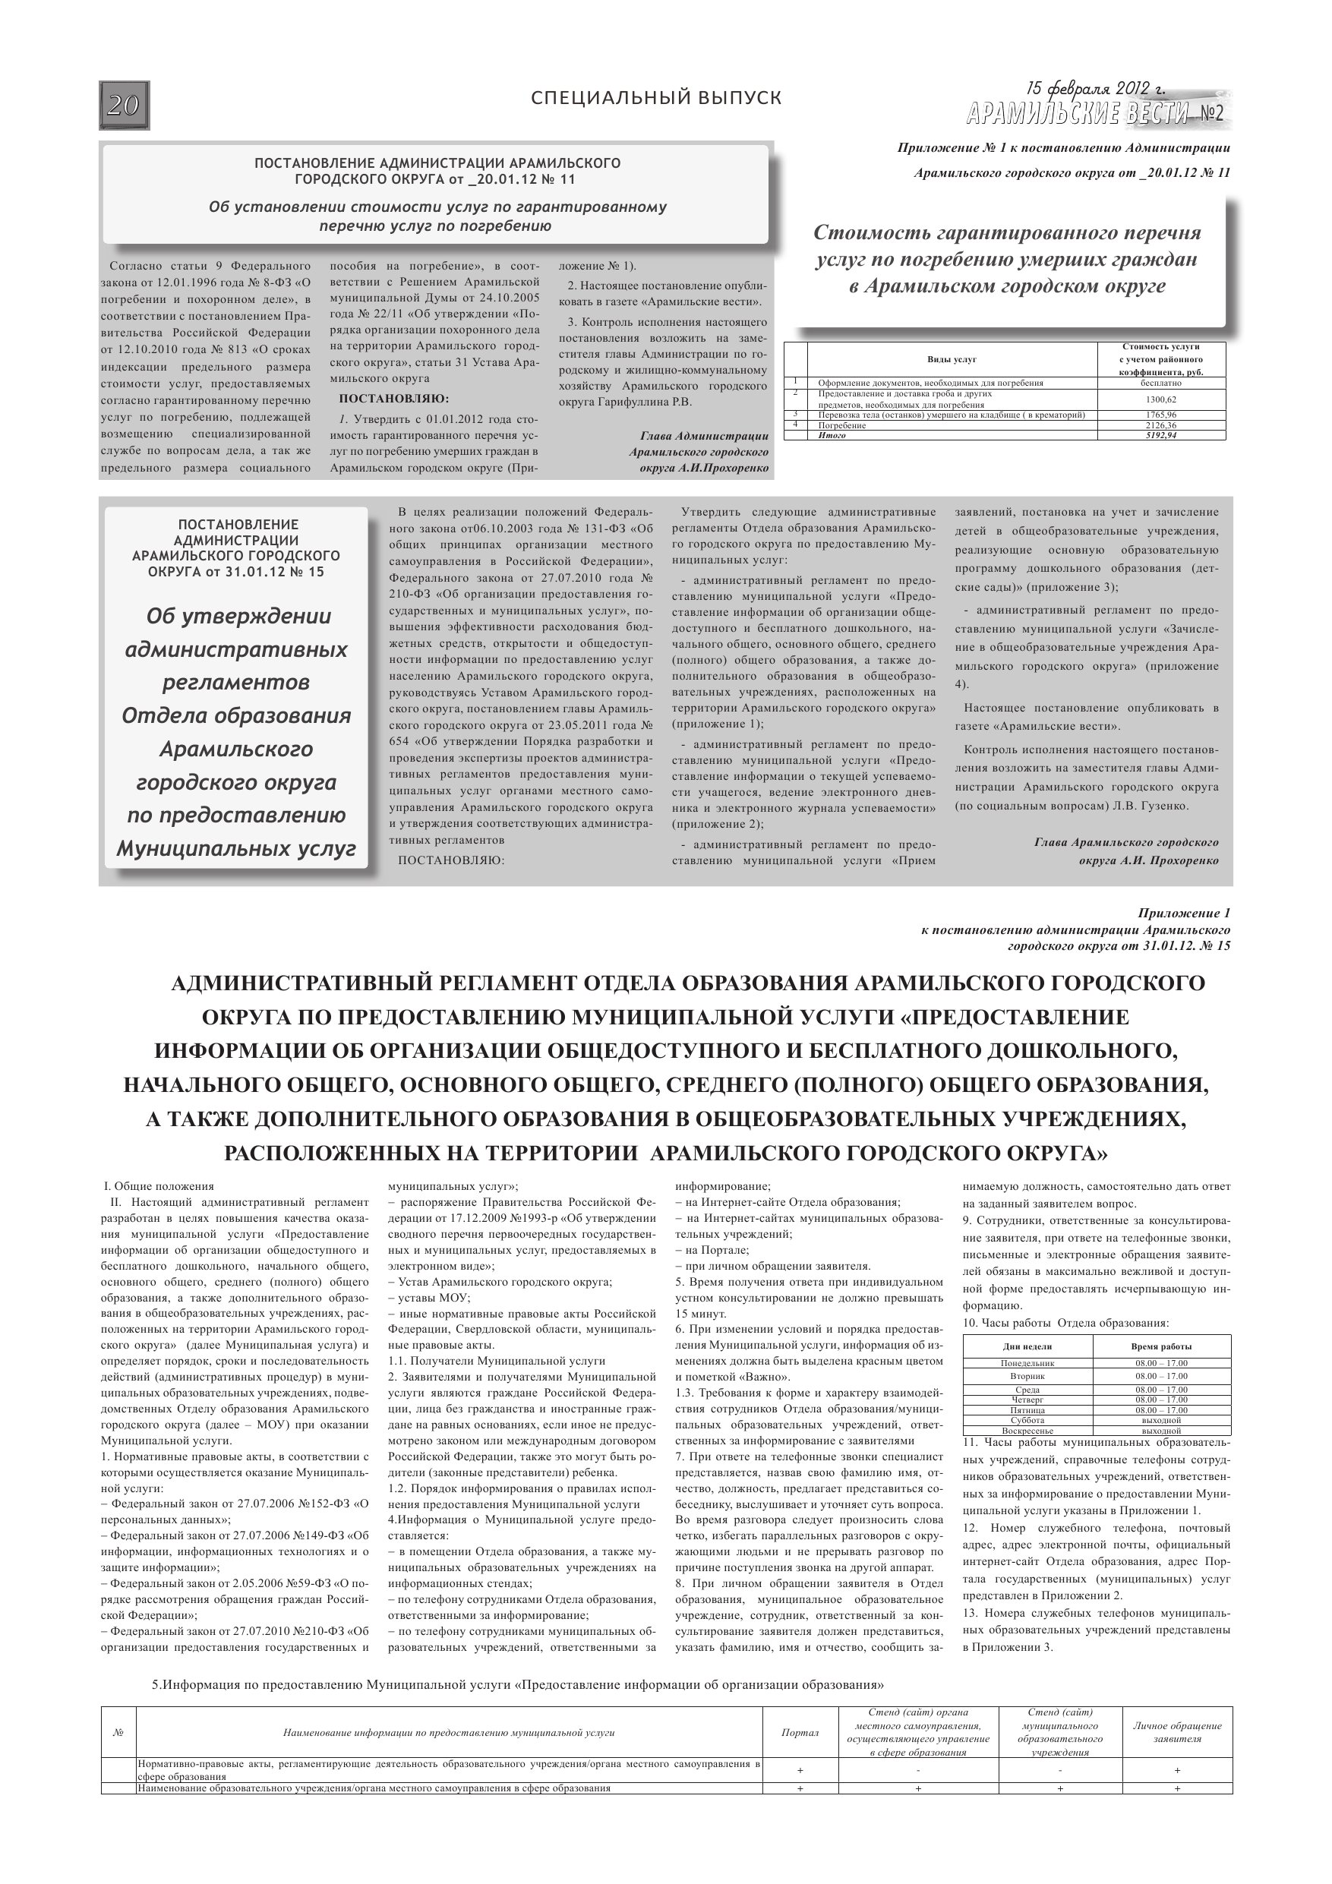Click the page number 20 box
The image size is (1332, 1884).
point(124,106)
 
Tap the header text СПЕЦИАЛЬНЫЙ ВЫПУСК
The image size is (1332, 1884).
point(657,99)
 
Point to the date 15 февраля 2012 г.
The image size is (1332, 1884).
point(1095,89)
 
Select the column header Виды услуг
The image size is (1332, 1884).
point(952,359)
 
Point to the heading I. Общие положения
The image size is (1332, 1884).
point(159,1187)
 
